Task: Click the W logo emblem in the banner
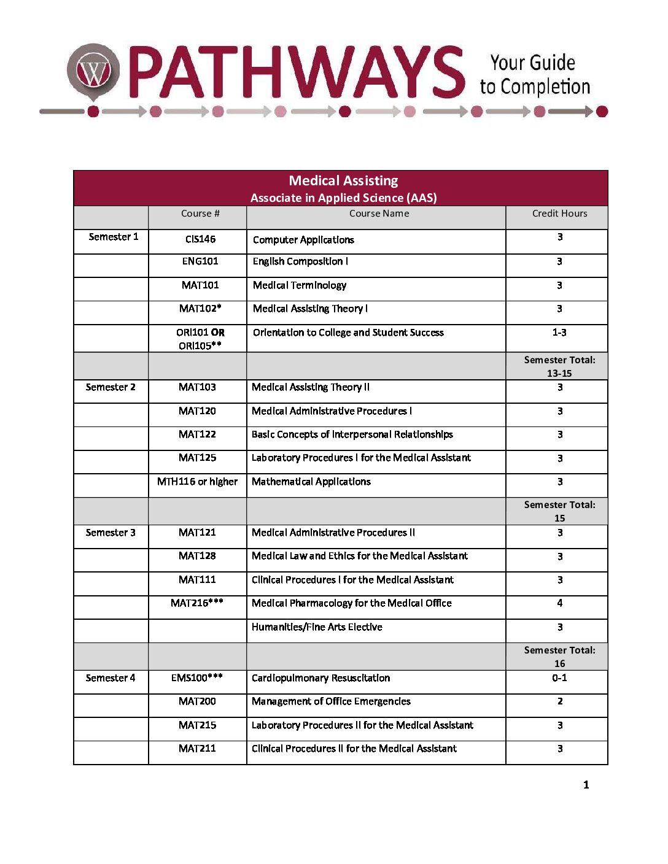click(93, 72)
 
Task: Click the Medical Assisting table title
click(343, 180)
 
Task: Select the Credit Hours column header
click(559, 214)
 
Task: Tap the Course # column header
click(200, 214)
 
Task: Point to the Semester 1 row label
click(114, 237)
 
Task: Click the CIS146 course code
click(200, 239)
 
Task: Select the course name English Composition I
click(300, 261)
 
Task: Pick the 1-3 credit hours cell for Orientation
click(559, 333)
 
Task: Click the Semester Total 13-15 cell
click(559, 366)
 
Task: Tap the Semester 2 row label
click(111, 387)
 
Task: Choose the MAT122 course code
click(197, 434)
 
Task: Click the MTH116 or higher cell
click(197, 482)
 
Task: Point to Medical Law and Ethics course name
click(360, 556)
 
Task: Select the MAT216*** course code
click(197, 603)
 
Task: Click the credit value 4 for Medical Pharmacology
click(559, 603)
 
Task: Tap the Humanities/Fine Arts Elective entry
click(317, 627)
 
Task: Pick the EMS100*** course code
click(197, 678)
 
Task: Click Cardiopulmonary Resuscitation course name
click(320, 678)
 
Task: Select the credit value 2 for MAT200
click(559, 701)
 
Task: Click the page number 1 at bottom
click(586, 785)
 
